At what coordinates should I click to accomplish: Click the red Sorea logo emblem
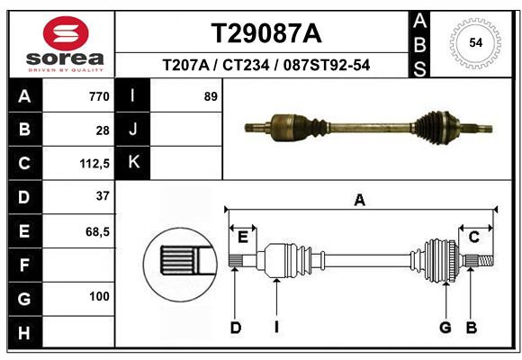tap(66, 33)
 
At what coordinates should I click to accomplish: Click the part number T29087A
tap(266, 33)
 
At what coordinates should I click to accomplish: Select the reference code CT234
tap(246, 65)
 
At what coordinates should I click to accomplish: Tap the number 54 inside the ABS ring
tap(476, 43)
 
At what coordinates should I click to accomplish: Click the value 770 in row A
tap(99, 96)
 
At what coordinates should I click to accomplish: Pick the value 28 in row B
tap(103, 130)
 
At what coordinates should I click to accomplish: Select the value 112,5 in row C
tap(94, 164)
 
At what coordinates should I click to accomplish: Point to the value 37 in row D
tap(103, 196)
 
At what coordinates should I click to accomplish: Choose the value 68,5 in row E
tap(97, 232)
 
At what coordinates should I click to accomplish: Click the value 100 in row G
tap(99, 296)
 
